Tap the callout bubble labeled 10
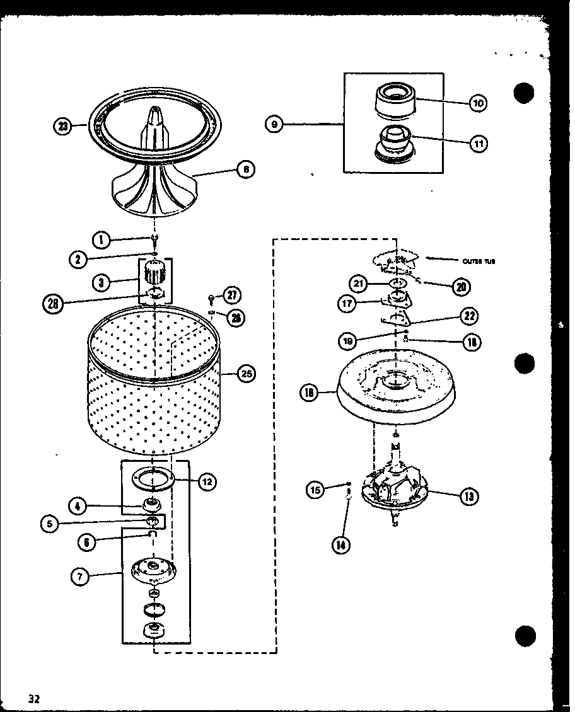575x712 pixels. click(x=479, y=103)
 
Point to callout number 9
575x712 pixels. click(x=274, y=125)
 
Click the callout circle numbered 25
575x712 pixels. click(x=247, y=374)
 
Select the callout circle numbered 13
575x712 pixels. click(x=468, y=497)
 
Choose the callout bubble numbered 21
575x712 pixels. click(x=360, y=284)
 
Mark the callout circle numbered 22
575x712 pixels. click(x=469, y=316)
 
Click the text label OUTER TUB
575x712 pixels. click(x=479, y=261)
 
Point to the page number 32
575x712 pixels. click(x=34, y=698)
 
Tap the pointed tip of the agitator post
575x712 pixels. click(x=154, y=112)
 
